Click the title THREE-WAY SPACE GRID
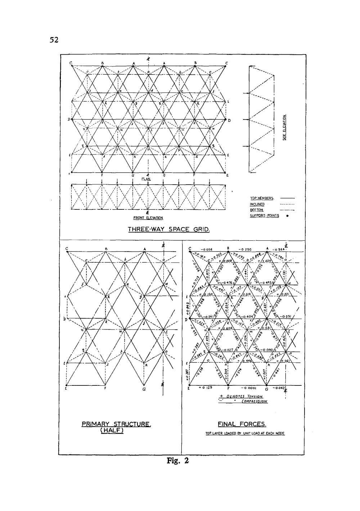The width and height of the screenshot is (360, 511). tap(169, 229)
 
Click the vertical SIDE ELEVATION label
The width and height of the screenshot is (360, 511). tap(284, 127)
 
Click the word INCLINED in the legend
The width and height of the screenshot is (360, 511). tap(257, 204)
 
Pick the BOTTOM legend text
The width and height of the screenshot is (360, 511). tap(257, 210)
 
